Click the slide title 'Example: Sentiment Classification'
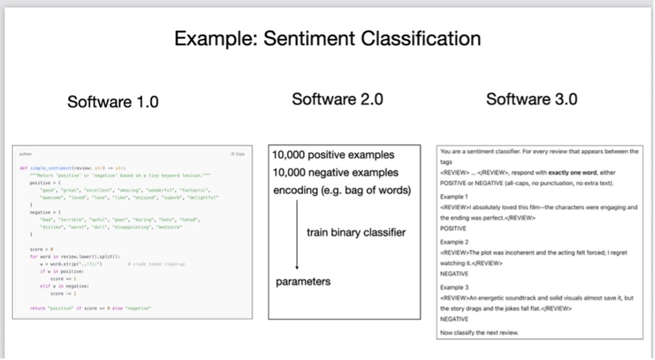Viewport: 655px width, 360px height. point(327,38)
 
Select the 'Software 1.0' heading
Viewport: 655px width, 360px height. point(113,102)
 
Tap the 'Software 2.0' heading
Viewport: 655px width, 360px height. point(337,99)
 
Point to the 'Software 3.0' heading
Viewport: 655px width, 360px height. point(531,99)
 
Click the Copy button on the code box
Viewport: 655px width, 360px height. point(238,154)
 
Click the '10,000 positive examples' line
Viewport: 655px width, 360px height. point(333,155)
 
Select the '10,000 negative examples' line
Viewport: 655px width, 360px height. point(335,172)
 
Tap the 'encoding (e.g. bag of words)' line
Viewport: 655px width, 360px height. point(342,190)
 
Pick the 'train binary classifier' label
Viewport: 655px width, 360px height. point(356,232)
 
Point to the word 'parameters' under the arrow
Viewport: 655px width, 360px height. point(304,281)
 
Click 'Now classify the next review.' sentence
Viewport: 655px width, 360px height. point(479,333)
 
